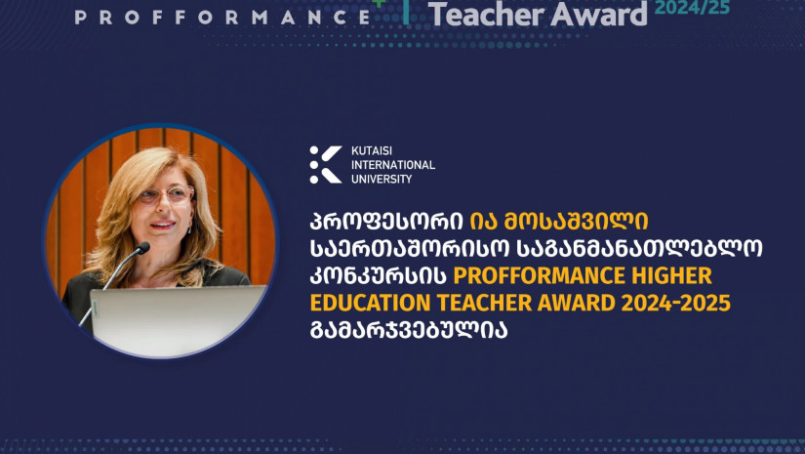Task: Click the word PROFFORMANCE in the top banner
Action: pyautogui.click(x=222, y=17)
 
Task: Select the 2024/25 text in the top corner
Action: pyautogui.click(x=692, y=7)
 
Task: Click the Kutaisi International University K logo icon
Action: pyautogui.click(x=326, y=164)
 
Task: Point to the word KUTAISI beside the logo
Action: pyautogui.click(x=372, y=151)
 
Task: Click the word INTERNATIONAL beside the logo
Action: pyautogui.click(x=393, y=165)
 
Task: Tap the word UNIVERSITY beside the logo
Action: pyautogui.click(x=382, y=179)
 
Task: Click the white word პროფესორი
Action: pyautogui.click(x=386, y=222)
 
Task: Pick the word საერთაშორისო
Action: pyautogui.click(x=410, y=249)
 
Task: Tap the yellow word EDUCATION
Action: pyautogui.click(x=370, y=303)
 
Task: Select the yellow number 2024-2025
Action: pyautogui.click(x=675, y=303)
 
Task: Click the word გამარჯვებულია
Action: pyautogui.click(x=409, y=330)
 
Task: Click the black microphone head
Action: pyautogui.click(x=142, y=248)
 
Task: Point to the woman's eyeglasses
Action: pyautogui.click(x=165, y=194)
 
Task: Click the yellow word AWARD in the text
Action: pyautogui.click(x=577, y=303)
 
